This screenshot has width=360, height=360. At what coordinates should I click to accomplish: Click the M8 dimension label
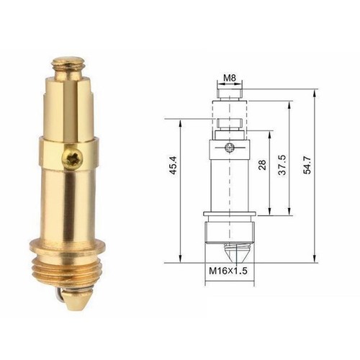(x=230, y=77)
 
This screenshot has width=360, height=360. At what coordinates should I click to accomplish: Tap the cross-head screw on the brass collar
(x=73, y=160)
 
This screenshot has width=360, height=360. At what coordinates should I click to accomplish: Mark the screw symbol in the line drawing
(x=229, y=150)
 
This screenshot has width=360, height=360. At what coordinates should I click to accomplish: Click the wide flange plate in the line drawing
(x=230, y=215)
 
